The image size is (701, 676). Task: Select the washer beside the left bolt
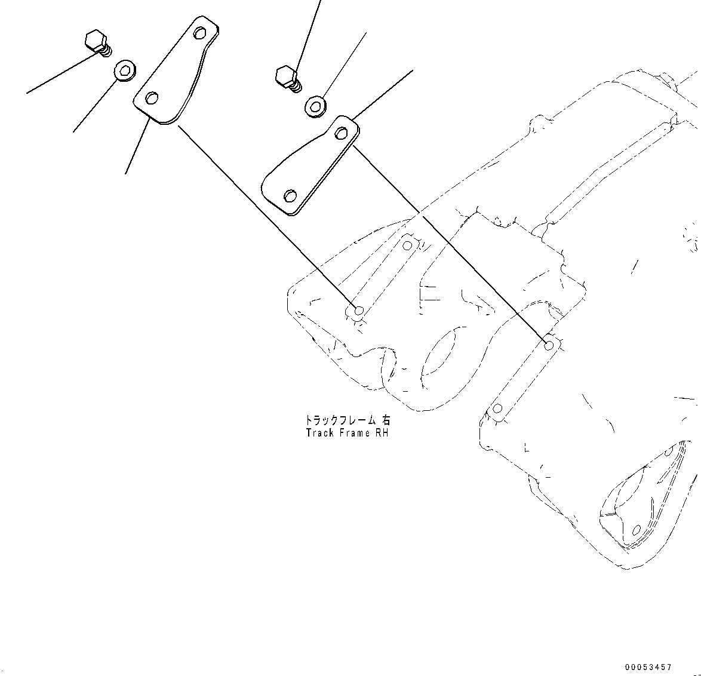(125, 72)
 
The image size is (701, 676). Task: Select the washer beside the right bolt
(316, 106)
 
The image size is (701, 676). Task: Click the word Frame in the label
(355, 433)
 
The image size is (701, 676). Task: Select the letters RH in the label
(382, 433)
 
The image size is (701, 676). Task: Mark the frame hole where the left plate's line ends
(359, 311)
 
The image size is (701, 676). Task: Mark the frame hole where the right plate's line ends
(549, 345)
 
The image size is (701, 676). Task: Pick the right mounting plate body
(310, 167)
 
